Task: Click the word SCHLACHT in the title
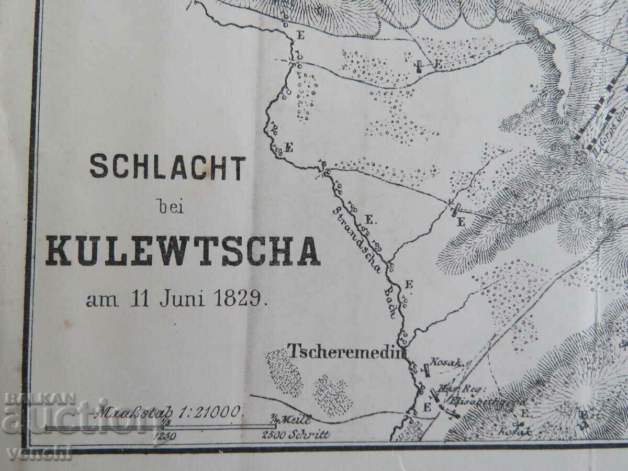tap(167, 167)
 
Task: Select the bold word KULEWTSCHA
tap(182, 251)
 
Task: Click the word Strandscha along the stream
tap(353, 230)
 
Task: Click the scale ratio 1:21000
tap(209, 411)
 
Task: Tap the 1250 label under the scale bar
tap(165, 435)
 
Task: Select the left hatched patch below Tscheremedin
tap(284, 373)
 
